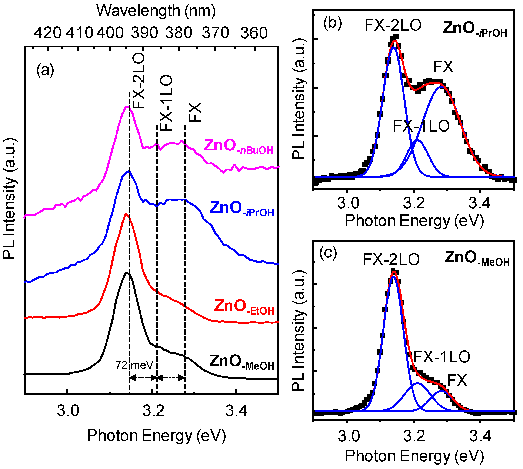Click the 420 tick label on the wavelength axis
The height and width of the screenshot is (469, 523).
48,33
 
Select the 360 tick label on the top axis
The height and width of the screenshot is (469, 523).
254,33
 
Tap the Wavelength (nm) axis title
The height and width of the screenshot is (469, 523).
156,11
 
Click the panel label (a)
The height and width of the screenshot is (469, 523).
45,70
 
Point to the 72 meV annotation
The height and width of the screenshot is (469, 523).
134,365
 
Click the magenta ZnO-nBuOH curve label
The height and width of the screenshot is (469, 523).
238,146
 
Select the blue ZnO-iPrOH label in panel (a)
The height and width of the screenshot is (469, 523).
242,208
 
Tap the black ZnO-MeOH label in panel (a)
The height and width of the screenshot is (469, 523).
241,362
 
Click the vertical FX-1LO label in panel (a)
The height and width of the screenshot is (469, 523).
166,103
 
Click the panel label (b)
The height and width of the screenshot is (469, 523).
332,23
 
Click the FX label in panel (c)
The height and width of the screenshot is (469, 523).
457,380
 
